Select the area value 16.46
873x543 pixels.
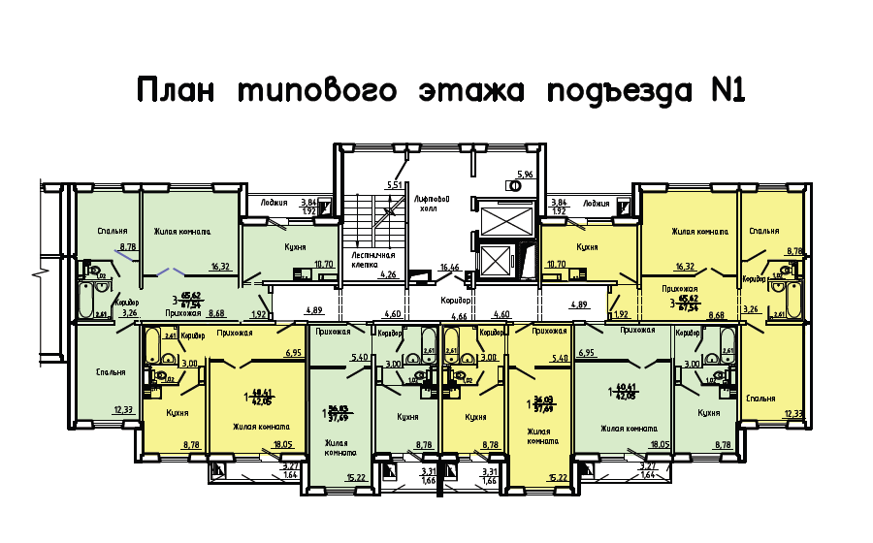click(x=448, y=267)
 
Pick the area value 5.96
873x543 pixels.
click(x=526, y=175)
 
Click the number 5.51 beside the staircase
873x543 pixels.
click(x=394, y=184)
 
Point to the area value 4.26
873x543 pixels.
click(x=389, y=275)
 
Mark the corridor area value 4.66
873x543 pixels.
click(x=461, y=316)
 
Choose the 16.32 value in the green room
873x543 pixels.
click(x=220, y=266)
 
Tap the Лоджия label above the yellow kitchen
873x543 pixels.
click(x=596, y=204)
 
